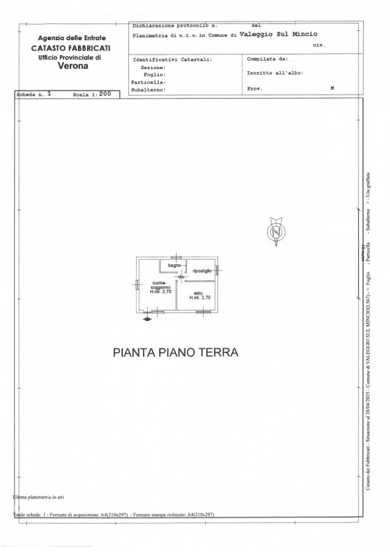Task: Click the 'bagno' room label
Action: coord(173,265)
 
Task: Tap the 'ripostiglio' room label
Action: coord(202,270)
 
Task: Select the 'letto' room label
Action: coord(198,294)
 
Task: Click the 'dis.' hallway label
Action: coord(181,277)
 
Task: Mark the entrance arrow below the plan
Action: coord(146,318)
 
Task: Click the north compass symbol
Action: coord(275,231)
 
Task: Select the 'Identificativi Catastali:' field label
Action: coord(172,60)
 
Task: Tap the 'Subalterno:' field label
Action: coord(148,88)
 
